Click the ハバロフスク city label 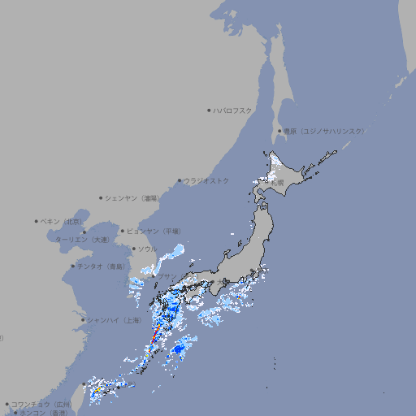[x=233, y=110]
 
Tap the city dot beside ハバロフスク [x=209, y=110]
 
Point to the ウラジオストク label [x=206, y=180]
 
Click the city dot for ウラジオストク [x=180, y=180]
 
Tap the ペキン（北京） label [x=63, y=221]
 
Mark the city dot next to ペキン [x=37, y=221]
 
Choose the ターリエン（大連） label [x=81, y=240]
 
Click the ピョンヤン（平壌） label [x=155, y=231]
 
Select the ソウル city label [x=147, y=249]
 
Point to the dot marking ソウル [x=132, y=249]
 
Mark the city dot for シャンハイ [x=83, y=319]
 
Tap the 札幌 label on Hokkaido [x=278, y=183]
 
